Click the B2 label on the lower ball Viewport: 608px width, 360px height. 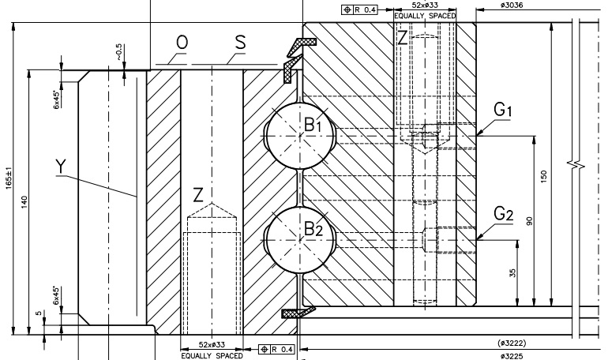pyautogui.click(x=313, y=230)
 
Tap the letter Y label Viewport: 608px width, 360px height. pyautogui.click(x=62, y=165)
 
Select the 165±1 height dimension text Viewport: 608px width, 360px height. pyautogui.click(x=9, y=177)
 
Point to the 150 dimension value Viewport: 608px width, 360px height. pyautogui.click(x=544, y=178)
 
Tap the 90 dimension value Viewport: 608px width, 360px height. pyautogui.click(x=529, y=220)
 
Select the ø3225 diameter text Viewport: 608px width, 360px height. pyautogui.click(x=514, y=355)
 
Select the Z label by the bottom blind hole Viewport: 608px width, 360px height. pyautogui.click(x=199, y=193)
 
